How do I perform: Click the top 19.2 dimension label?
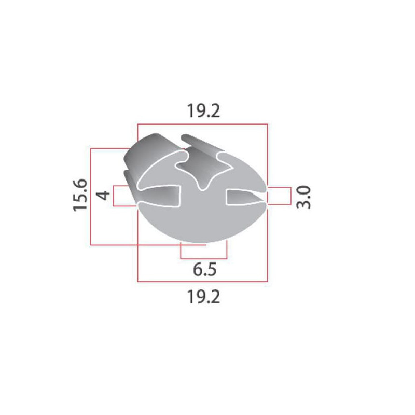(x=203, y=110)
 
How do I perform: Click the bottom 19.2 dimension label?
(x=203, y=297)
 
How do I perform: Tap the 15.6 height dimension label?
(x=80, y=195)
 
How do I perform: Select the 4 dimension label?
(x=103, y=195)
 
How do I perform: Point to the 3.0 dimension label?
(x=303, y=197)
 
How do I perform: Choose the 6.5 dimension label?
(x=204, y=269)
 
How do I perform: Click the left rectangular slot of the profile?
(x=159, y=196)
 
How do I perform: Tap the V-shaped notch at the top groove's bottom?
(x=202, y=185)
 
